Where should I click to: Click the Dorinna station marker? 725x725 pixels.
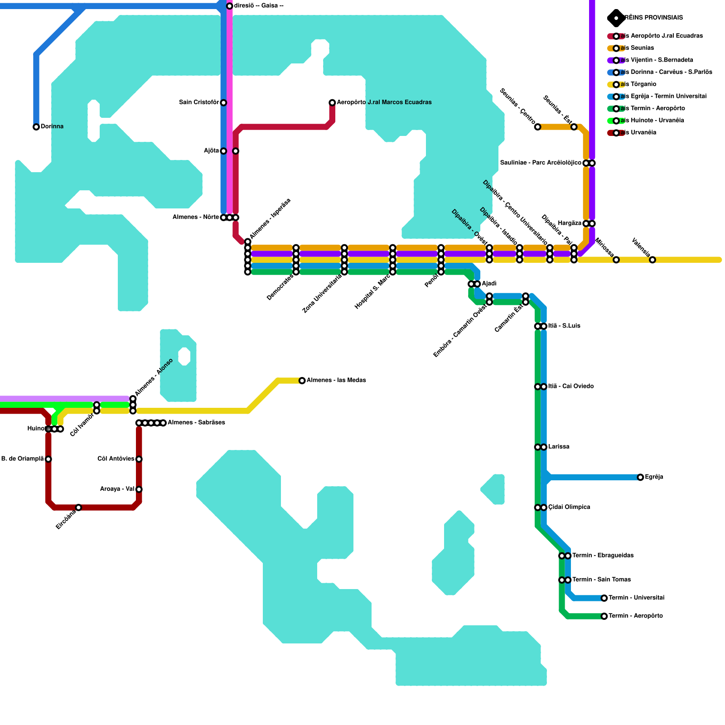(x=36, y=127)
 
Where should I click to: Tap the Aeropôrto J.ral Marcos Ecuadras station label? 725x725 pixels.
(x=384, y=102)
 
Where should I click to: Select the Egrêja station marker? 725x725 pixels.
(x=640, y=477)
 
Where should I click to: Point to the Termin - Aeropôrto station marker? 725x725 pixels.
(x=604, y=616)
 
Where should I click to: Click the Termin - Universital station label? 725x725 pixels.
(x=636, y=598)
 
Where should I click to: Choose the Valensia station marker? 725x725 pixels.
(x=652, y=260)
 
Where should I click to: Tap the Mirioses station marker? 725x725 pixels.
(x=616, y=260)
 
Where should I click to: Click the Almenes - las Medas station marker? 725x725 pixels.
(x=302, y=381)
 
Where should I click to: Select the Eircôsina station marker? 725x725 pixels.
(x=78, y=507)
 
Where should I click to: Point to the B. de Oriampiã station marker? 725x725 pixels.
(x=48, y=459)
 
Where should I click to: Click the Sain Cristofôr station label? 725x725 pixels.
(x=199, y=102)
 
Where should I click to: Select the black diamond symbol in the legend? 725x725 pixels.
(x=616, y=18)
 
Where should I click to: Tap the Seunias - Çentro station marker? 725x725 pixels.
(x=537, y=127)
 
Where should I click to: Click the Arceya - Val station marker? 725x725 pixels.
(x=139, y=489)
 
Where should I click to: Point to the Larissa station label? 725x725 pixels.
(x=559, y=447)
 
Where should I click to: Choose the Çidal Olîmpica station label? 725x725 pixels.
(x=569, y=507)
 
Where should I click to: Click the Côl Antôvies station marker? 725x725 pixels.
(x=139, y=459)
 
